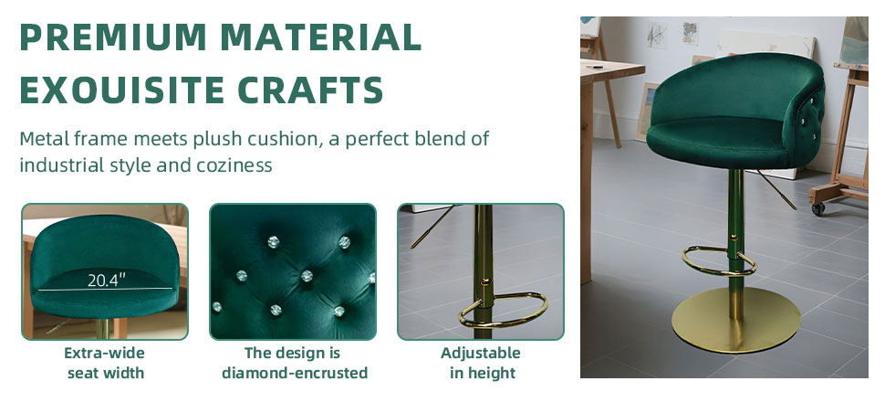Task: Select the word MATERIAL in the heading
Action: [320, 37]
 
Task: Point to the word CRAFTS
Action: [310, 90]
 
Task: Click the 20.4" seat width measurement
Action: [106, 281]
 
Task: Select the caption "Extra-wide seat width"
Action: [105, 363]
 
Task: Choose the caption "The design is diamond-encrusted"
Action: [294, 363]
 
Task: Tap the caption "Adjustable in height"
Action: [481, 363]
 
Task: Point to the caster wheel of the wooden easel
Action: [818, 209]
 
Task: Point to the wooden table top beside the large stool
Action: [612, 70]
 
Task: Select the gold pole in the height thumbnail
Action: [484, 271]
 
